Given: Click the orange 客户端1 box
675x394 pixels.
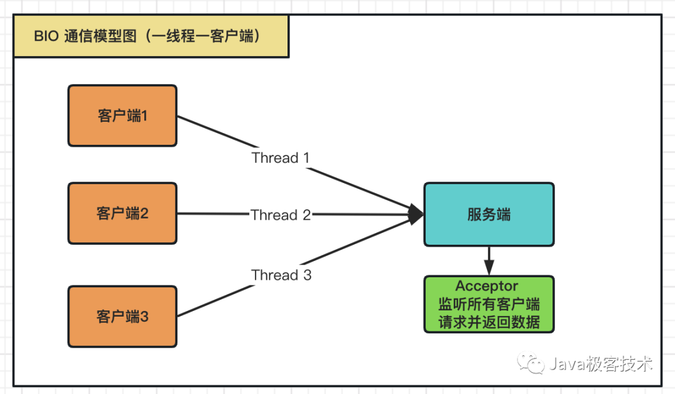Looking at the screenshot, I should (122, 116).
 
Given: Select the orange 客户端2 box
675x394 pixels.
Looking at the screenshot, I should (122, 214).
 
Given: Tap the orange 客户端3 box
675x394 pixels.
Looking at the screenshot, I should (122, 317).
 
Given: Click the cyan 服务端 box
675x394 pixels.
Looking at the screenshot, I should (489, 214).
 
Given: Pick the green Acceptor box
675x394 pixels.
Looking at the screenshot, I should (489, 304).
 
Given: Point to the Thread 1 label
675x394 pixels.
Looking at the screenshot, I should (280, 158).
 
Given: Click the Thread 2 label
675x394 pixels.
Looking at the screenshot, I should (281, 215).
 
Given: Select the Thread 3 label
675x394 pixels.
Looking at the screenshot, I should (281, 275).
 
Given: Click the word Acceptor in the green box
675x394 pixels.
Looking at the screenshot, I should (487, 287).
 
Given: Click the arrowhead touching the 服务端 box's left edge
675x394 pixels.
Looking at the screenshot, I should (416, 215).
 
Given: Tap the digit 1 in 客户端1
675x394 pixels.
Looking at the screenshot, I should (144, 116).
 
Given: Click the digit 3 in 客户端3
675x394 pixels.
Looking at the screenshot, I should (144, 317).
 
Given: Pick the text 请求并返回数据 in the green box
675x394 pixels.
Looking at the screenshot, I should (489, 322).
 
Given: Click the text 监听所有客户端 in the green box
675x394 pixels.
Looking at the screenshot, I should (489, 305).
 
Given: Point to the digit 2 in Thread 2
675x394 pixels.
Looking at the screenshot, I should (306, 215).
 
